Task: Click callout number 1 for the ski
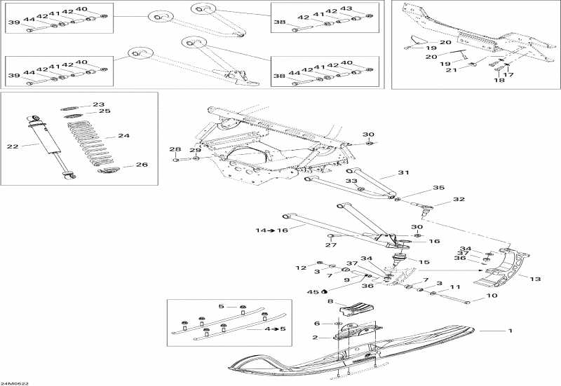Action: pos(510,330)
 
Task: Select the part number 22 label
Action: pos(11,146)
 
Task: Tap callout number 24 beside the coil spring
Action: pos(124,136)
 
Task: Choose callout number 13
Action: pos(535,280)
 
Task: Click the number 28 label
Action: pos(175,149)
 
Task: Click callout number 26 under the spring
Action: pos(141,165)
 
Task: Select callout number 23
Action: pos(98,104)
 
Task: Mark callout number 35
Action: pos(439,188)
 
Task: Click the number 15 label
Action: pos(424,262)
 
